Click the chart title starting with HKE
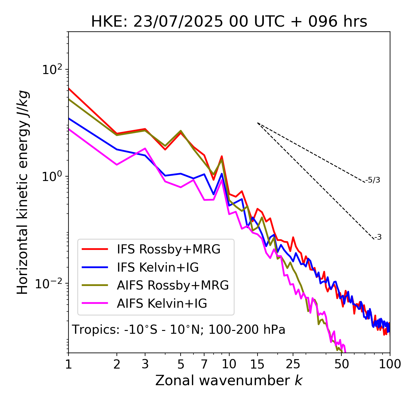229,22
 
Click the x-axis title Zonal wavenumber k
229,380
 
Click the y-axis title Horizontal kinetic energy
23,192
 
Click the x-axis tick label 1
68,364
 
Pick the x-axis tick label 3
145,364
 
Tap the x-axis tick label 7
204,364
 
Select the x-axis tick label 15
257,364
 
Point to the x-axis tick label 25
293,364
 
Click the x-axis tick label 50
342,364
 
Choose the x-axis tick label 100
390,364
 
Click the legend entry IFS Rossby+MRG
169,249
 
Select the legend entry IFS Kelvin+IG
158,268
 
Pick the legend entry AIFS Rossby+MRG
173,285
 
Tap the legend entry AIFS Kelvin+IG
162,304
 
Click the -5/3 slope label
373,180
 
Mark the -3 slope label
378,237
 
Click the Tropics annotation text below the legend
178,330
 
